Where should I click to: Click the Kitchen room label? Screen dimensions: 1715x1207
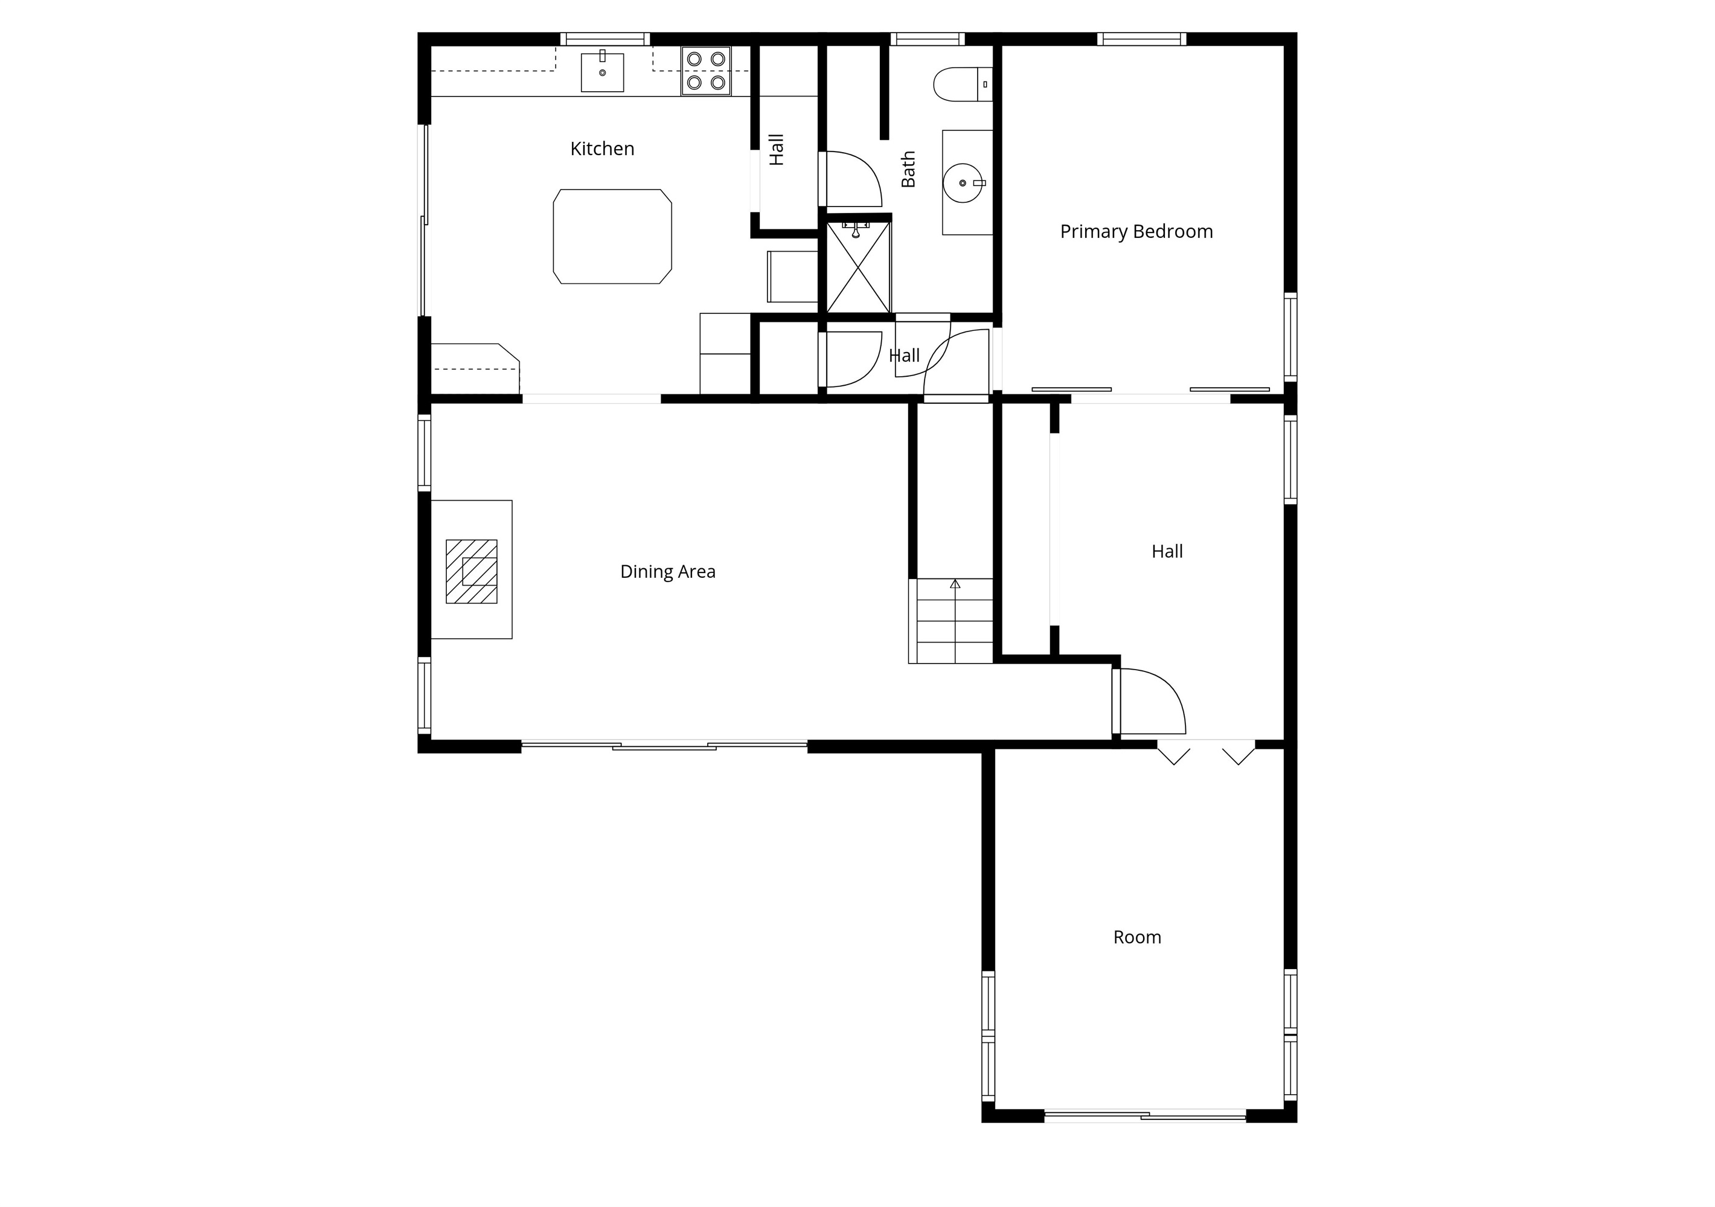pos(602,149)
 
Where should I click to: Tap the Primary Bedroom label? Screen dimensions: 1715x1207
pos(1136,231)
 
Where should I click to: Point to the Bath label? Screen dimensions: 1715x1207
pos(908,169)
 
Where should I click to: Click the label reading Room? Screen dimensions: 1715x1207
pos(1137,937)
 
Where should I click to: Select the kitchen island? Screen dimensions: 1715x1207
pos(612,237)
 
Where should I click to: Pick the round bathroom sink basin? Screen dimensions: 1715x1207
pos(964,182)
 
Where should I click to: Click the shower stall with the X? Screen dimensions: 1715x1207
pos(858,267)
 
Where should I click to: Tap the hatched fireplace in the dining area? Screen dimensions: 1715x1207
pos(472,571)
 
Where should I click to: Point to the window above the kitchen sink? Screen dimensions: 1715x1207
pos(605,39)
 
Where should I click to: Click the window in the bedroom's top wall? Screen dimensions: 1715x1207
pos(1141,39)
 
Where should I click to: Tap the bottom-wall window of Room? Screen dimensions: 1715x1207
pos(1145,1116)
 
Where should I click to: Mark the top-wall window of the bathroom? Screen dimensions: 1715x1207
pos(928,39)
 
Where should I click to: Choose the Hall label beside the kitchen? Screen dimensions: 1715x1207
pos(777,149)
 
